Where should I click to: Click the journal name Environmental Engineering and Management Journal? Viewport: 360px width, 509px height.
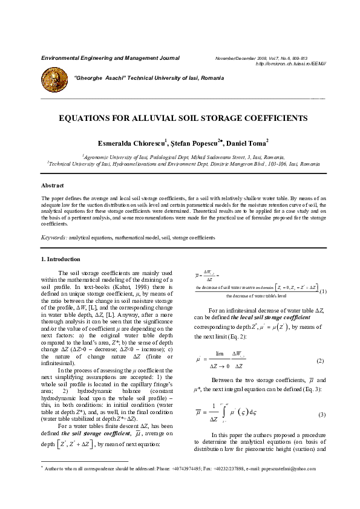110,58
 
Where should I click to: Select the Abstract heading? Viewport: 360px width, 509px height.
52,185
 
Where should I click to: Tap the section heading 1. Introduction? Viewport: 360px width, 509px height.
64,259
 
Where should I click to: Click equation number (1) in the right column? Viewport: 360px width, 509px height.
323,291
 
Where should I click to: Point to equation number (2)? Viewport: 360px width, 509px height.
321,361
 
